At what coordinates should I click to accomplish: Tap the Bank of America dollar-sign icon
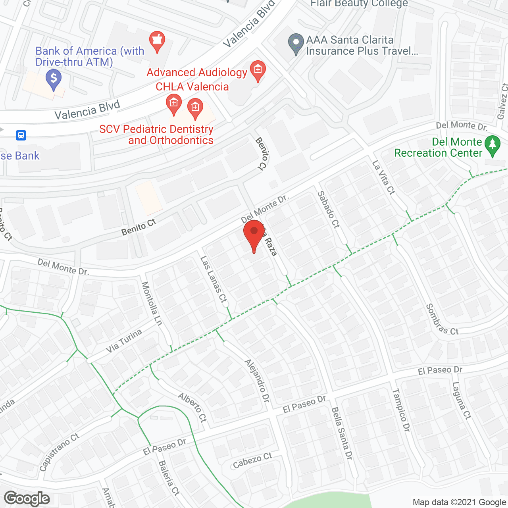pyautogui.click(x=54, y=78)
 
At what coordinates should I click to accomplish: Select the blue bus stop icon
pyautogui.click(x=21, y=135)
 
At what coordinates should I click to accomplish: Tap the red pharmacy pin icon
pyautogui.click(x=157, y=41)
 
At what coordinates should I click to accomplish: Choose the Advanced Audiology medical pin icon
pyautogui.click(x=258, y=70)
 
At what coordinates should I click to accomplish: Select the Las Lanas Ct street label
pyautogui.click(x=213, y=280)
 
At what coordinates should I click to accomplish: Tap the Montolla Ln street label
pyautogui.click(x=152, y=304)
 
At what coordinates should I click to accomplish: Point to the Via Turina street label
pyautogui.click(x=124, y=341)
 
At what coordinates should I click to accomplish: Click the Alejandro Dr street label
pyautogui.click(x=257, y=381)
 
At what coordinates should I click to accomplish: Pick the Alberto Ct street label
pyautogui.click(x=192, y=407)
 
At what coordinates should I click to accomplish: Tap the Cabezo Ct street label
pyautogui.click(x=252, y=460)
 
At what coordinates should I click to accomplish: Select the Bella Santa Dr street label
pyautogui.click(x=342, y=433)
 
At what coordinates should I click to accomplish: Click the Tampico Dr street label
pyautogui.click(x=401, y=410)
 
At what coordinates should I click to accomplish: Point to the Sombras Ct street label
pyautogui.click(x=442, y=319)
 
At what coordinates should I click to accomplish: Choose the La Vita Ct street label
pyautogui.click(x=383, y=177)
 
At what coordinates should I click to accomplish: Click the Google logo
pyautogui.click(x=27, y=498)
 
